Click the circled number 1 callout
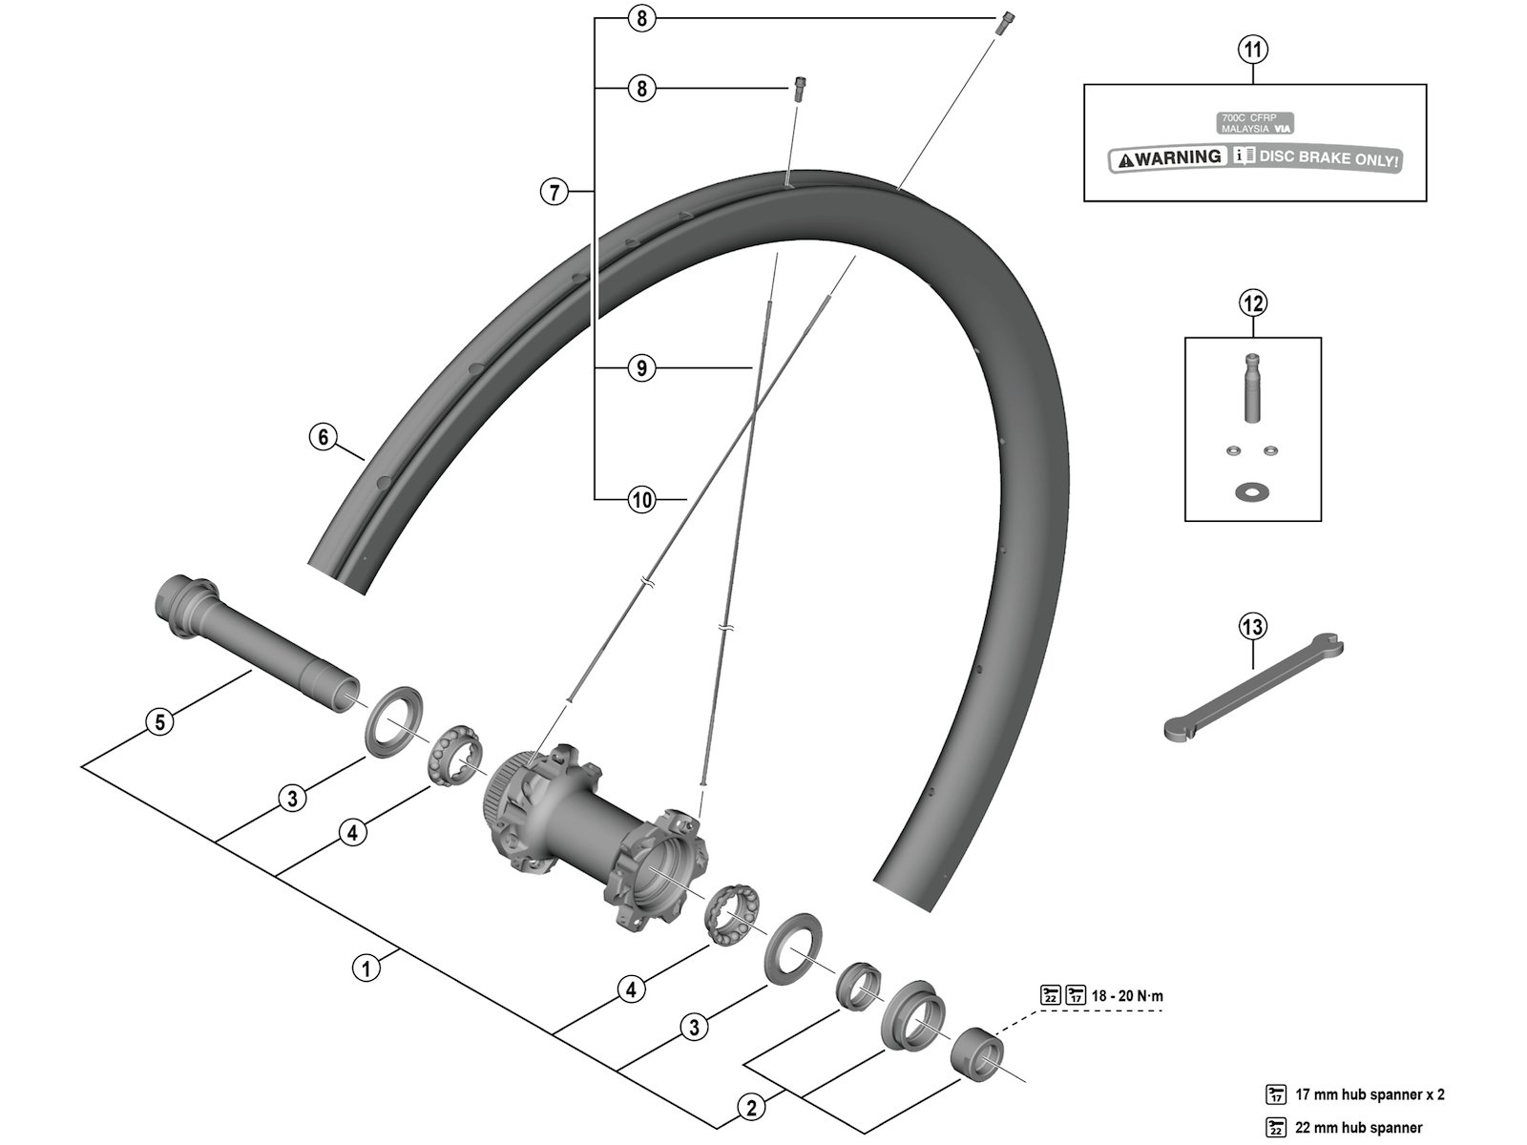(366, 968)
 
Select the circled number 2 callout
(752, 1108)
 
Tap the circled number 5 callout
(160, 721)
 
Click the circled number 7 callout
(554, 192)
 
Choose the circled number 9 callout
(642, 367)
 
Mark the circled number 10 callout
(642, 498)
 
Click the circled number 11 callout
(1253, 49)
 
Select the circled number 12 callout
(1252, 303)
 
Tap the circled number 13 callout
(1252, 627)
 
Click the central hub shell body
(592, 821)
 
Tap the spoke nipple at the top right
(1005, 23)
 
